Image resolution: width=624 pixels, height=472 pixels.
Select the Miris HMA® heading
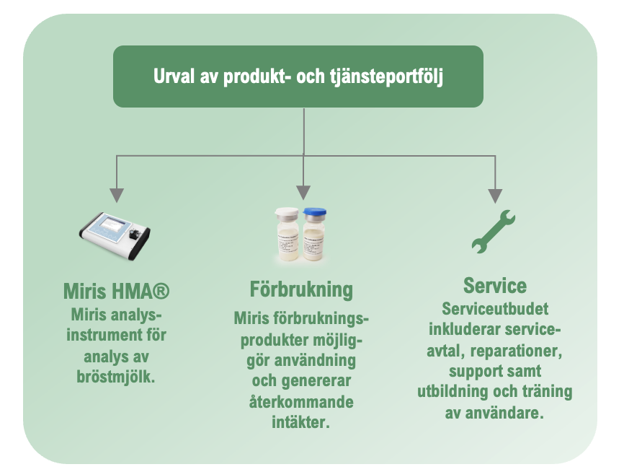click(x=116, y=291)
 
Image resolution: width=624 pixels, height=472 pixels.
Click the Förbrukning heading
click(x=301, y=290)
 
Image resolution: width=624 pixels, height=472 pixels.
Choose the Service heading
click(x=495, y=286)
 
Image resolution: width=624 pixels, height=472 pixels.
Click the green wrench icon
click(x=494, y=232)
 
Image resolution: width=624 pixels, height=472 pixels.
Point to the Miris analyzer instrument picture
click(x=115, y=235)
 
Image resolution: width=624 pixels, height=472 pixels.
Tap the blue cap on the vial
click(x=314, y=212)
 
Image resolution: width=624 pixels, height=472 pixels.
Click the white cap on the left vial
click(x=287, y=212)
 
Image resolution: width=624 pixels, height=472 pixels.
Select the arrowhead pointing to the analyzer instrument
click(x=117, y=196)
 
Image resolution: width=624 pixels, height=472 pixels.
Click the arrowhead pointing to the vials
click(x=303, y=193)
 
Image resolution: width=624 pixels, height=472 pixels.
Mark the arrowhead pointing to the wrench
click(x=495, y=196)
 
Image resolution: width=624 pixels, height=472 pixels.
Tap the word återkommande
click(x=301, y=401)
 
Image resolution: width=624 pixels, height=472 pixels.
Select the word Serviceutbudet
click(x=495, y=310)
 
